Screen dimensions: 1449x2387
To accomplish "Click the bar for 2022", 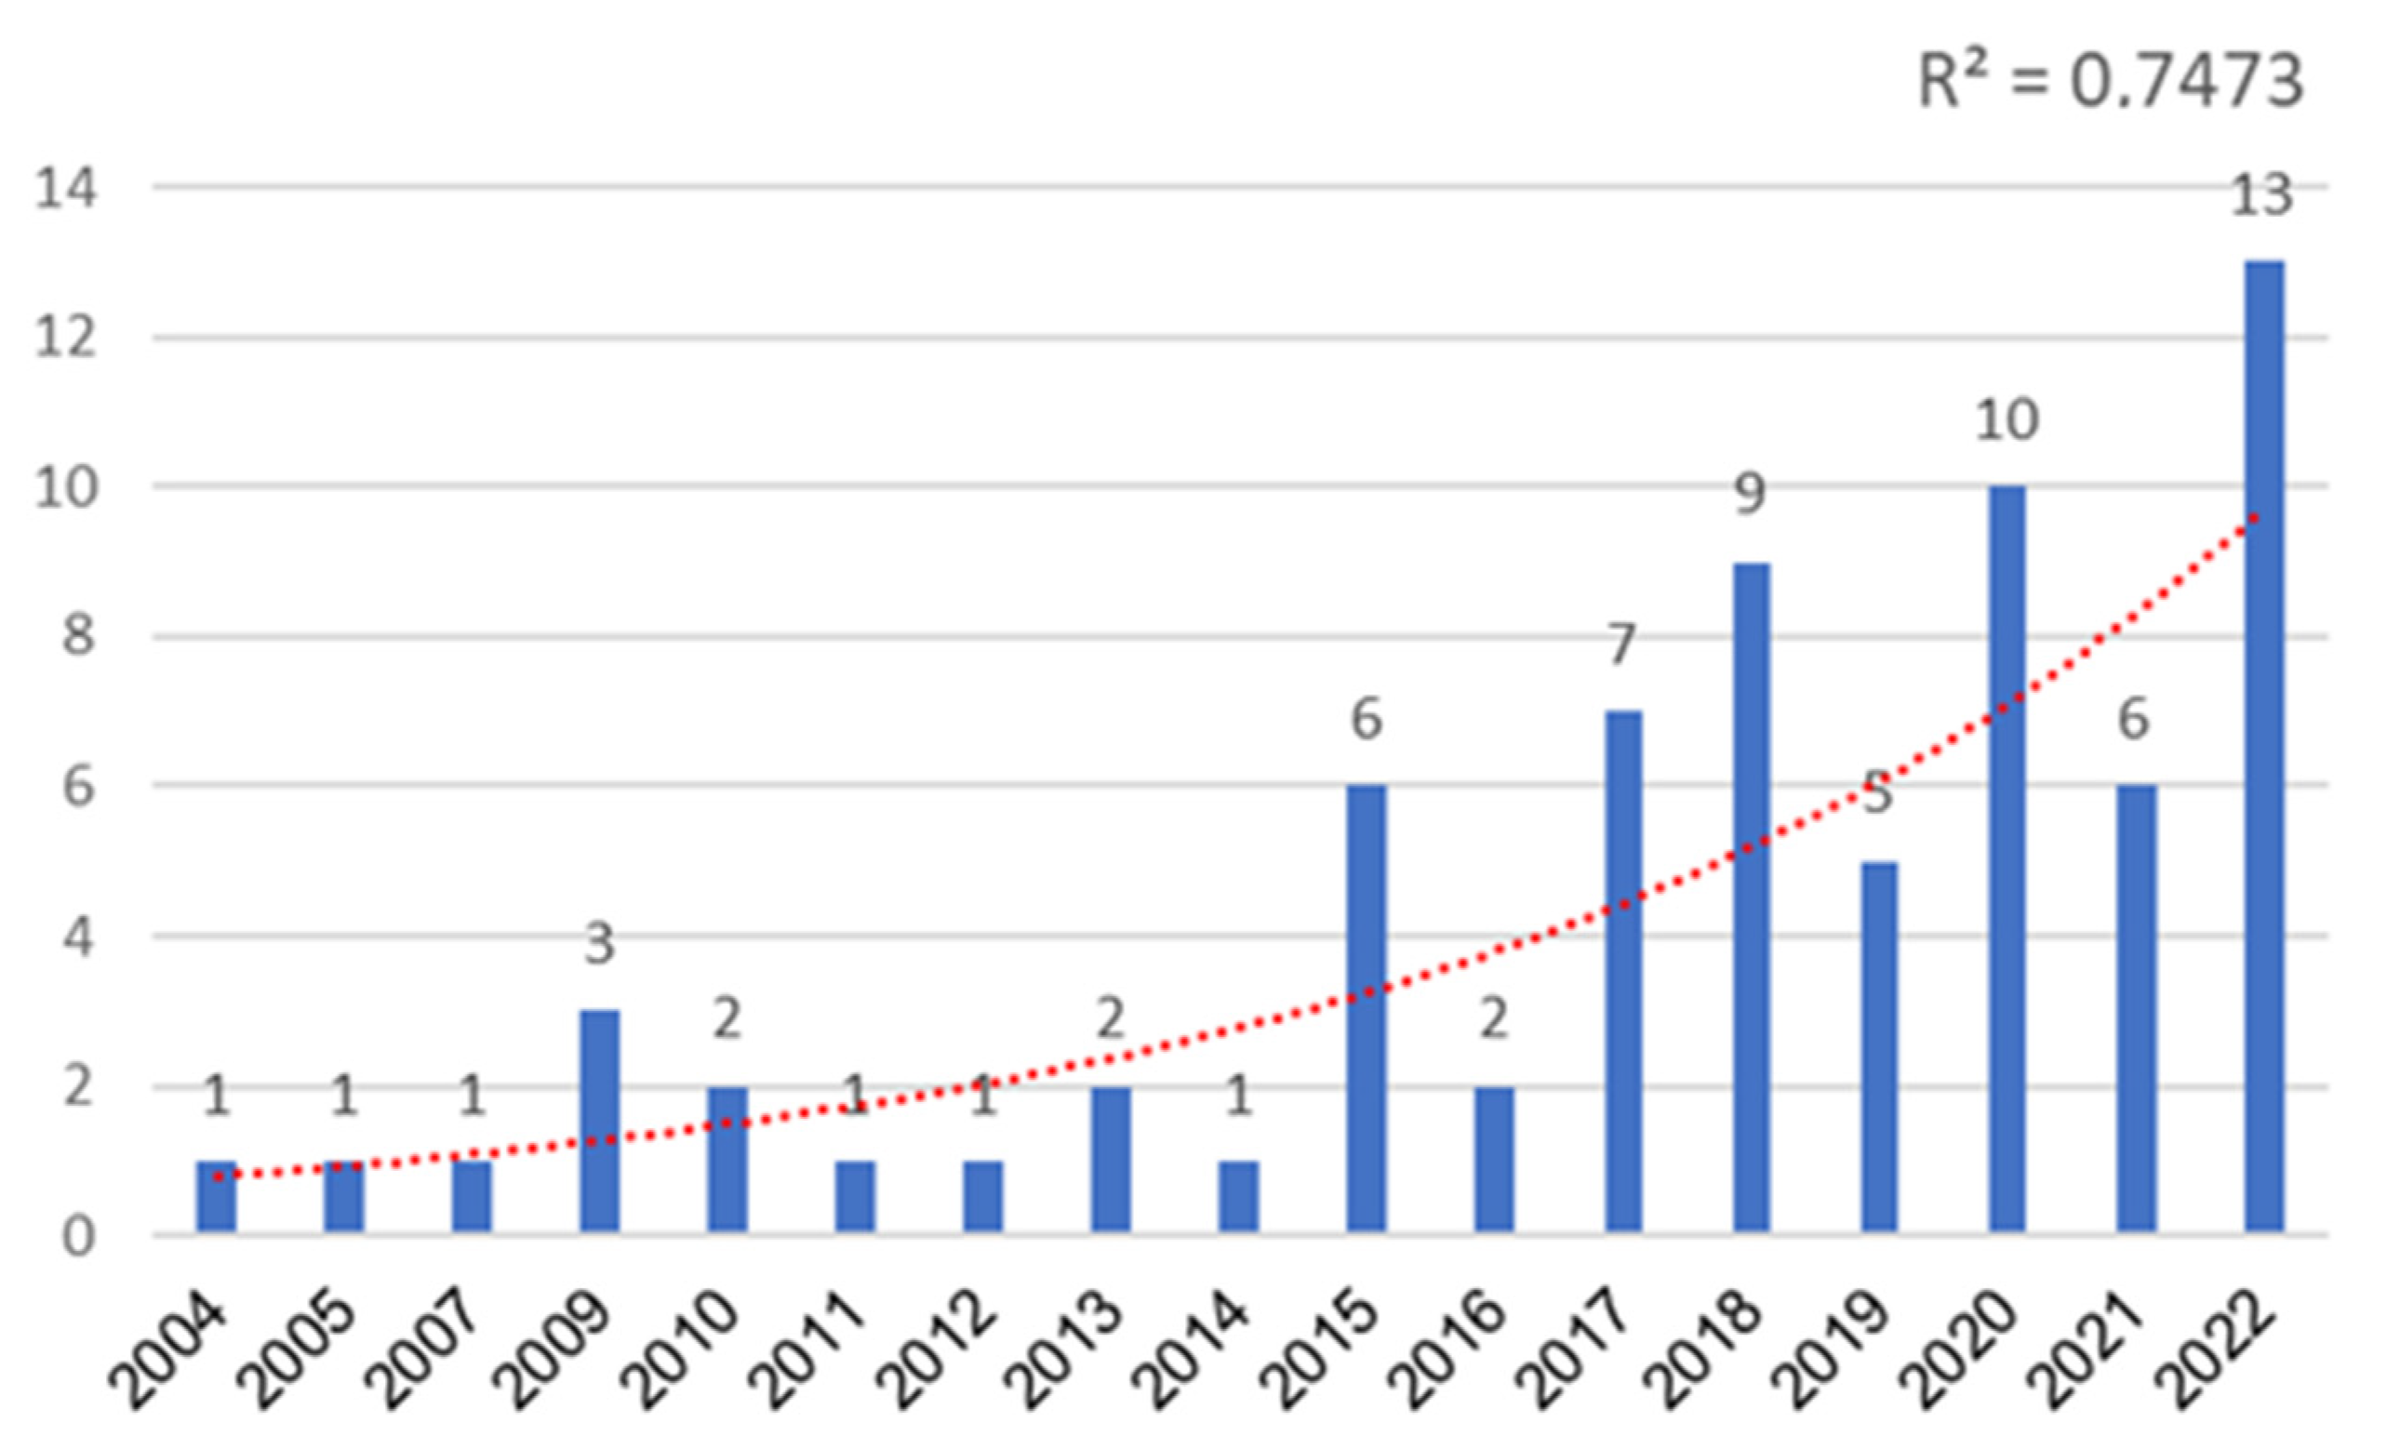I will [x=2264, y=746].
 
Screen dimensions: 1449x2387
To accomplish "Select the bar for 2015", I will [x=1366, y=1007].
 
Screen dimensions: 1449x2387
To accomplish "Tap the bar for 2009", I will [x=600, y=1121].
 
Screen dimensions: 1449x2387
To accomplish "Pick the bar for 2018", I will [x=1752, y=897].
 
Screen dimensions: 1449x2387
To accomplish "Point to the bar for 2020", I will [x=2007, y=858].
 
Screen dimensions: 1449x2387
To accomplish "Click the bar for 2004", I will [x=216, y=1196].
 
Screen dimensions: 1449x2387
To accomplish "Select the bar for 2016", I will [x=1494, y=1159].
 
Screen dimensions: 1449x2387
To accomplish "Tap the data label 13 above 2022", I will [x=2262, y=195].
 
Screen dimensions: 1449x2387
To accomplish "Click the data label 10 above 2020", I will [x=2007, y=420].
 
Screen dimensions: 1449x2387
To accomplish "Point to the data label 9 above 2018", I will [x=1750, y=494].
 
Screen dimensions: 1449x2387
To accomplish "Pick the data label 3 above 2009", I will [x=600, y=944].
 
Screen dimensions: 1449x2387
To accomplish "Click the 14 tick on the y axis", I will [x=66, y=189].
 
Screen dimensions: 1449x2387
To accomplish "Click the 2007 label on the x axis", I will [x=428, y=1351].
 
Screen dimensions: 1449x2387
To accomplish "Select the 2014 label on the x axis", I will [x=1195, y=1351].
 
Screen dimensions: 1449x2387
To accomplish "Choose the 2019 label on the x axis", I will [x=1834, y=1351].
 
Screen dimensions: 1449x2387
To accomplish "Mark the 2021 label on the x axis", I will [x=2090, y=1351].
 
